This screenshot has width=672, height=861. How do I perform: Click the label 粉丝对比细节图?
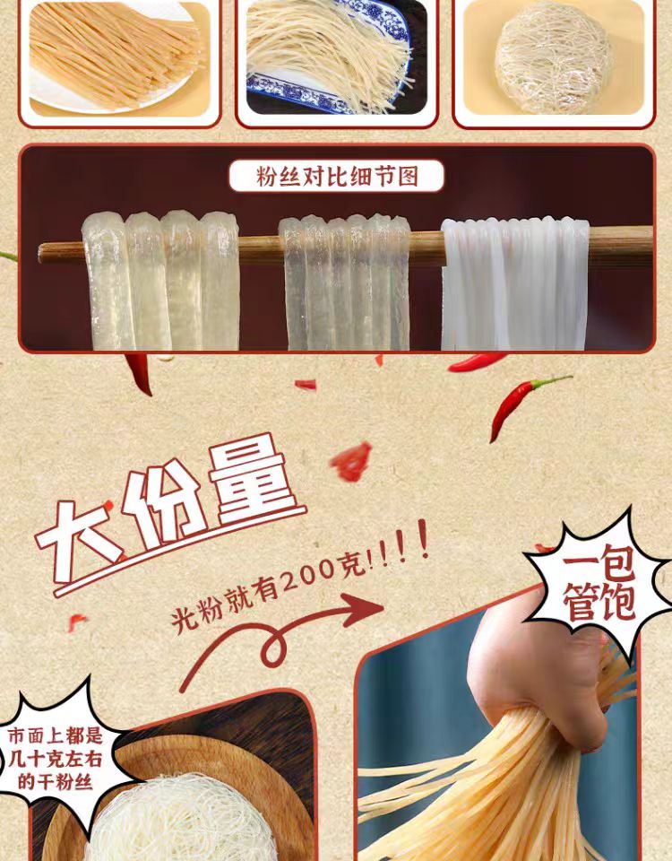coord(336,176)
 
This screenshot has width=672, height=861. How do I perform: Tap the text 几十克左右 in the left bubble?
coord(55,760)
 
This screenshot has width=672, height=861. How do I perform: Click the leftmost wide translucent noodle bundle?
coord(160,281)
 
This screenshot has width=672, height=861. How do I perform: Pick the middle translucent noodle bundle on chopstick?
coord(344,283)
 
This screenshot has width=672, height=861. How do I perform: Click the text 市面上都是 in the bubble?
coord(56,736)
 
